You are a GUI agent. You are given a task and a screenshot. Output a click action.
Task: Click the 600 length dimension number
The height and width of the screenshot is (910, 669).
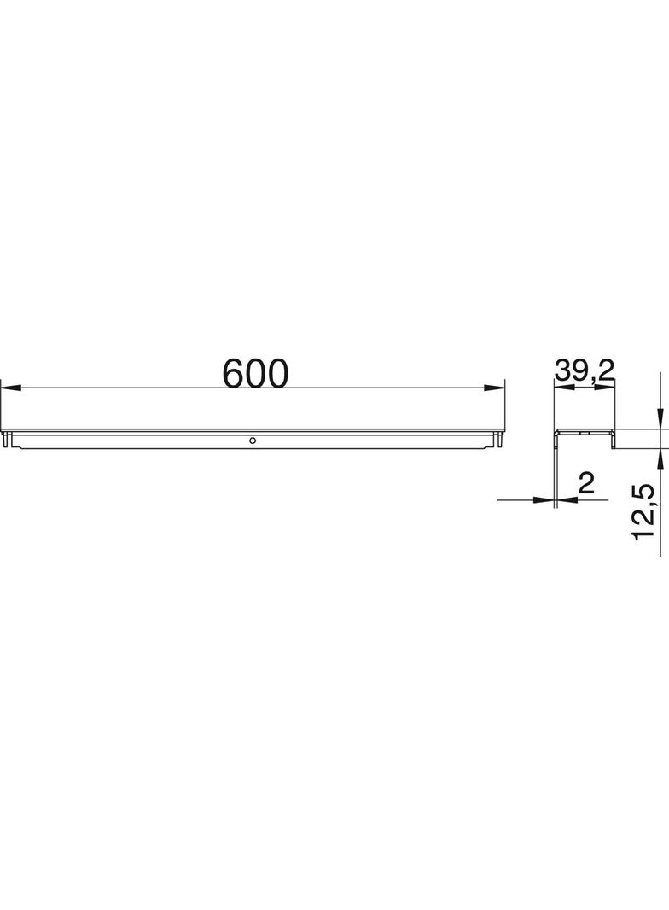coord(256,374)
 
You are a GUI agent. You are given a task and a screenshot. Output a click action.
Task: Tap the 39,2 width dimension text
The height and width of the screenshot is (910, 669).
coord(585,370)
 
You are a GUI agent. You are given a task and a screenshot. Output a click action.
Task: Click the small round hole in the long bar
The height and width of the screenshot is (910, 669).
coord(252,440)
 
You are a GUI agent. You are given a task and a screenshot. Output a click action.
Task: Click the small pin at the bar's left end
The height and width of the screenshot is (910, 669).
coord(8,441)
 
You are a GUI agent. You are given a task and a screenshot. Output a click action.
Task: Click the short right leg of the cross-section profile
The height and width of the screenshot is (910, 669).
coord(613,439)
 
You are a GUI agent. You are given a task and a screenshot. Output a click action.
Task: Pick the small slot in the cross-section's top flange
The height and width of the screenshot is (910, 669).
coord(585,433)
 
